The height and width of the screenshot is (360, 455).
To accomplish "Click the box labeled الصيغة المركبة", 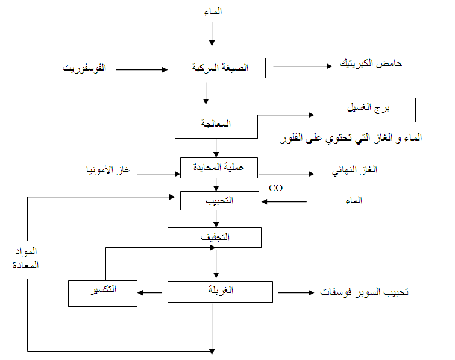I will click(x=220, y=68).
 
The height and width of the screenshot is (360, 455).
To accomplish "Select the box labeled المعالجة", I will click(x=216, y=126).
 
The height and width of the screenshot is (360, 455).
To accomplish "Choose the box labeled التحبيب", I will click(x=219, y=200).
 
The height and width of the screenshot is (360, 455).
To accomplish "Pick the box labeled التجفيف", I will click(x=214, y=238).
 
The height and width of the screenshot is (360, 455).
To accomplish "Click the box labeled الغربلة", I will click(x=219, y=292).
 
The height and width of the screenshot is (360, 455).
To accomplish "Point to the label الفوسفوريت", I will click(x=85, y=69).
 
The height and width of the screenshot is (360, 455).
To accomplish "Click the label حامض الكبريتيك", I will click(x=371, y=64).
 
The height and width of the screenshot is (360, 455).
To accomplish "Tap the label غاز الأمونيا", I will click(x=108, y=171).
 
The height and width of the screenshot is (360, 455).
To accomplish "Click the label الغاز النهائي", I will click(x=356, y=171).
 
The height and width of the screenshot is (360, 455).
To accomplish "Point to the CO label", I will click(x=275, y=188).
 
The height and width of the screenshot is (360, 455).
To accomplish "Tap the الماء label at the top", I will click(x=213, y=13).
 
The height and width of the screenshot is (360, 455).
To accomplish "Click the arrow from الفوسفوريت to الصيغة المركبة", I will click(x=142, y=69).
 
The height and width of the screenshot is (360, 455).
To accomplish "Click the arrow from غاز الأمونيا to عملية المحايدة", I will click(x=160, y=174).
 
